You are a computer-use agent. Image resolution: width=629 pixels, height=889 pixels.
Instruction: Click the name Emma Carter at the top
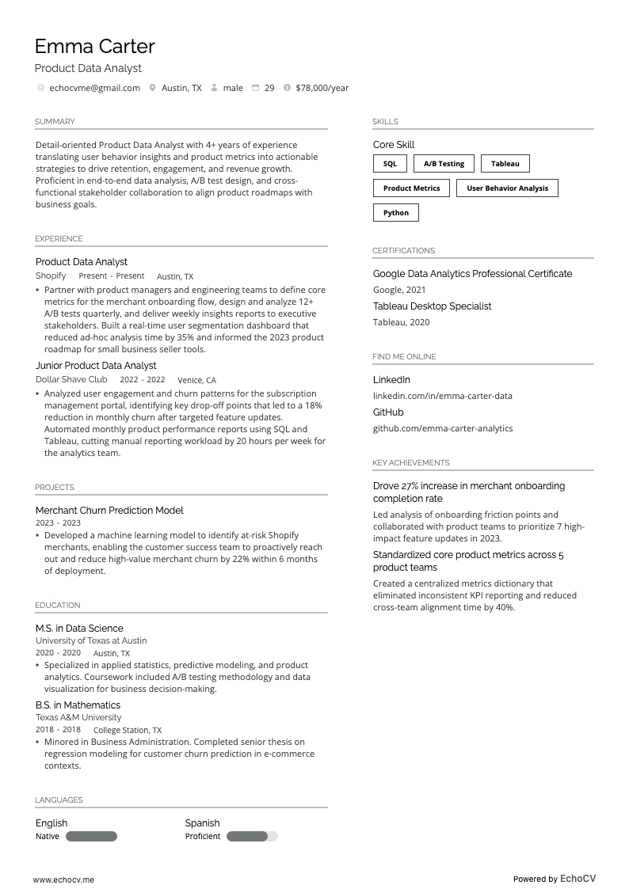(x=94, y=47)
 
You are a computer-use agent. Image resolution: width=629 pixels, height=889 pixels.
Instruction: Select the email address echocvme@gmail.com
(x=94, y=88)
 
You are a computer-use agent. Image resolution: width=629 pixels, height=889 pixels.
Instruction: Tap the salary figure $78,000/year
(x=322, y=88)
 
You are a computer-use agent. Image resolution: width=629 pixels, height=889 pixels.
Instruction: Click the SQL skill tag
(x=390, y=164)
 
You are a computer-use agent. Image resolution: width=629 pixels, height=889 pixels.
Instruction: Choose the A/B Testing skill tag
(x=444, y=164)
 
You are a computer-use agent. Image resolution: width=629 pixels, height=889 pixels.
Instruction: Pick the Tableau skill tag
(x=505, y=164)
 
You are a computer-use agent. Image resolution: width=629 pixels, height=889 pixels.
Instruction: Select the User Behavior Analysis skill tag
(x=507, y=188)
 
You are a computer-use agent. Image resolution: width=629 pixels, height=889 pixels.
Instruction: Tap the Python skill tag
(x=396, y=213)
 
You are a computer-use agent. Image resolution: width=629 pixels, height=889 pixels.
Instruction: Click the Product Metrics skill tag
(x=411, y=188)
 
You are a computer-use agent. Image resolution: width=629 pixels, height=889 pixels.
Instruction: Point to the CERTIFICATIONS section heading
(x=403, y=251)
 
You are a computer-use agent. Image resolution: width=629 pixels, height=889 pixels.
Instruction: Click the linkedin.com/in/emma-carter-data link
(x=442, y=396)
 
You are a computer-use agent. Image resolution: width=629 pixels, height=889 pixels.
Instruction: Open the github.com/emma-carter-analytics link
(x=442, y=428)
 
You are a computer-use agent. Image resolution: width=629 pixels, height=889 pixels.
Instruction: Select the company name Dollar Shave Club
(x=71, y=380)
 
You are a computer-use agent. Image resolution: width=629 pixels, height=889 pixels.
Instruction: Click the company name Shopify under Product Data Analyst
(x=51, y=276)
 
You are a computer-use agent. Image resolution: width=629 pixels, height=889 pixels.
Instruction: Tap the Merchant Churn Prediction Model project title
(x=109, y=511)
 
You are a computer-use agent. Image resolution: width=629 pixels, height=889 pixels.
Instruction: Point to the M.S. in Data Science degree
(x=79, y=629)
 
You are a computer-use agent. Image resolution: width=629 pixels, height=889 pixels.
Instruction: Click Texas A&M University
(x=78, y=717)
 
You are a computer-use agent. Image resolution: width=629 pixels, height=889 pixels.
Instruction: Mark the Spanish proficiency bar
(x=252, y=837)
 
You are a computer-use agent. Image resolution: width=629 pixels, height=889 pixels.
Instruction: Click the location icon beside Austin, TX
(x=152, y=88)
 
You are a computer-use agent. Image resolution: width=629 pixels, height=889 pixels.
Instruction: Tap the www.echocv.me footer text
(x=63, y=880)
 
